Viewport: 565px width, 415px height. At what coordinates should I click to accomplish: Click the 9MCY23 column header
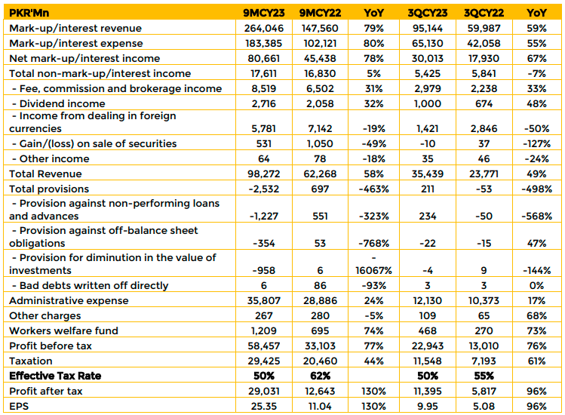[264, 13]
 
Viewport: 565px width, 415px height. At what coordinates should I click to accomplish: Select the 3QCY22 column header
[484, 13]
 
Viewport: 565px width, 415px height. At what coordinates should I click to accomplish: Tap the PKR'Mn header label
[29, 13]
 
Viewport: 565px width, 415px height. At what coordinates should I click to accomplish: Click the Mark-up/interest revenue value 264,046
[264, 28]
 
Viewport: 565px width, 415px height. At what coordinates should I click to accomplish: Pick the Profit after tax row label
[46, 391]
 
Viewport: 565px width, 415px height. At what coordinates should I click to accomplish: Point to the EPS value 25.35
[264, 406]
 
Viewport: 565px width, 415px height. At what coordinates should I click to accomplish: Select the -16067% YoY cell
[373, 264]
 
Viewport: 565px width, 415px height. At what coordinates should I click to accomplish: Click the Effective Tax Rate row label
[55, 376]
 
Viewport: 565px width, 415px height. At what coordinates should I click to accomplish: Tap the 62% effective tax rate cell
[320, 376]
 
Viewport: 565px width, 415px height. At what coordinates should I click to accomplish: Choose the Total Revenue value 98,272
[264, 174]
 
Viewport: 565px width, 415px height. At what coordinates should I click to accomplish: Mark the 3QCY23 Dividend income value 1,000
[428, 103]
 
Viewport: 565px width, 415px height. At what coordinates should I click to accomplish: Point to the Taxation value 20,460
[320, 361]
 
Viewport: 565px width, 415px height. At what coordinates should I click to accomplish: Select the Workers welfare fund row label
[64, 330]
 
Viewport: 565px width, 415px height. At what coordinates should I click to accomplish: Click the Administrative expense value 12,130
[428, 300]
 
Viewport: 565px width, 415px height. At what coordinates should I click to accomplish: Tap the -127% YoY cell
[536, 143]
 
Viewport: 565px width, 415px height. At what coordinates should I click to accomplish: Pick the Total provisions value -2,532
[264, 189]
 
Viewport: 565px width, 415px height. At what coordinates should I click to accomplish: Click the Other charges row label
[45, 315]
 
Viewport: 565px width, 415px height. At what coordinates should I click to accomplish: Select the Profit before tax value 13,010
[484, 346]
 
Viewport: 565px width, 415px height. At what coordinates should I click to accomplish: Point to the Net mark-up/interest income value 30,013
[428, 58]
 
